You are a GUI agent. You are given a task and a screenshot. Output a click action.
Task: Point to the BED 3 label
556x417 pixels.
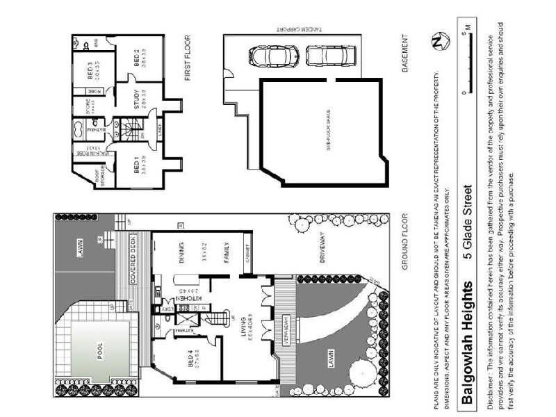coord(90,73)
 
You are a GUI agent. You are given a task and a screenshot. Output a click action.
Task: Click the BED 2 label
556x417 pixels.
coord(137,55)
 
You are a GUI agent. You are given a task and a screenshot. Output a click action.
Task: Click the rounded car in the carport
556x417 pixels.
coord(275,56)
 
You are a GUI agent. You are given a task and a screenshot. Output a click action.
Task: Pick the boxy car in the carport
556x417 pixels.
coord(331,56)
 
